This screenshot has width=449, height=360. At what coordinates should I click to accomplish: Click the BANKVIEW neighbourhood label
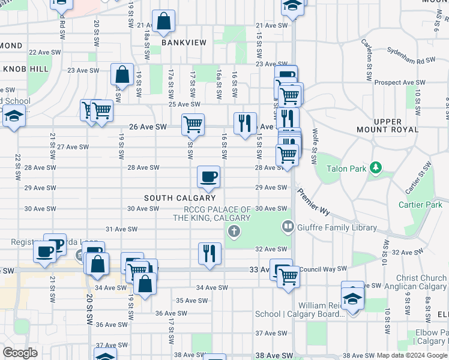(x=184, y=43)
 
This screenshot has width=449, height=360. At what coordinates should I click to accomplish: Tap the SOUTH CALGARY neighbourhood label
(x=179, y=198)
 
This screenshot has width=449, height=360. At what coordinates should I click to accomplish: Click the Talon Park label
(x=346, y=169)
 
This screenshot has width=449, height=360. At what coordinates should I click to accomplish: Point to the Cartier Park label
(x=420, y=205)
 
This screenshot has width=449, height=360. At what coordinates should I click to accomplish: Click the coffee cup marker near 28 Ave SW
(x=209, y=176)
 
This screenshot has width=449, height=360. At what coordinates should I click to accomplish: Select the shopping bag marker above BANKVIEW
(x=164, y=22)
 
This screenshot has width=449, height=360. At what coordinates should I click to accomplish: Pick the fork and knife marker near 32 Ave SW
(x=210, y=253)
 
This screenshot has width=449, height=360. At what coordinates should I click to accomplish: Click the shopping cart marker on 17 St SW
(x=193, y=124)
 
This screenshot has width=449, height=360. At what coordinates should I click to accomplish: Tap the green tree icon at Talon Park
(x=375, y=166)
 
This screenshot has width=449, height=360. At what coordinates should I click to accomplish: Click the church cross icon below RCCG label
(x=234, y=232)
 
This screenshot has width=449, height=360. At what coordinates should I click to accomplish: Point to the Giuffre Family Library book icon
(x=288, y=227)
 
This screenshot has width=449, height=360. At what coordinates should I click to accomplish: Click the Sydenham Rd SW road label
(x=411, y=56)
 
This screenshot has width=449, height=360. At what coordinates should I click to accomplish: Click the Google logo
(x=20, y=353)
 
